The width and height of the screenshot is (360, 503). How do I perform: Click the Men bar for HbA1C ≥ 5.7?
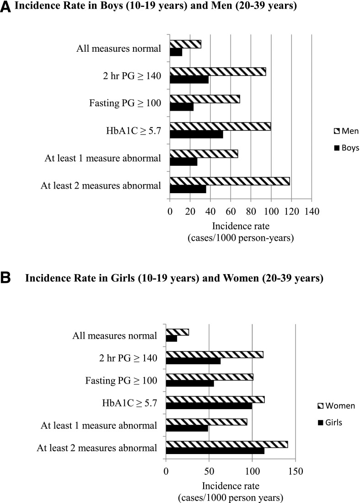[x=220, y=126]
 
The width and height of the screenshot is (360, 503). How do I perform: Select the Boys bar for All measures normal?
[x=176, y=52]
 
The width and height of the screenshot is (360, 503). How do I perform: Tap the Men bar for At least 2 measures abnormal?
[x=230, y=181]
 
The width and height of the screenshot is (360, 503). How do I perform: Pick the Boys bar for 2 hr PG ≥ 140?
[x=189, y=79]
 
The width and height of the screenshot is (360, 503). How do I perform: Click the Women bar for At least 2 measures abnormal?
[x=227, y=444]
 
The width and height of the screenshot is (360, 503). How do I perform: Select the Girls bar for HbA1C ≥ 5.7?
[x=209, y=406]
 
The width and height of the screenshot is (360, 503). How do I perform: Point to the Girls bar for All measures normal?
[x=172, y=338]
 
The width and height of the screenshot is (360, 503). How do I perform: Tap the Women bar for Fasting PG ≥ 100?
[x=210, y=377]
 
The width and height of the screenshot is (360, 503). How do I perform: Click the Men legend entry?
[x=347, y=131]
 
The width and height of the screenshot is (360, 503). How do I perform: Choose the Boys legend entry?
[x=347, y=147]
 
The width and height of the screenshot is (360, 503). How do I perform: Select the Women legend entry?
[x=336, y=406]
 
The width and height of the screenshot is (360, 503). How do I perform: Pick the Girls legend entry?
[x=330, y=422]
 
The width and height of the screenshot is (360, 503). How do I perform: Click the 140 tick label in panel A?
[x=312, y=211]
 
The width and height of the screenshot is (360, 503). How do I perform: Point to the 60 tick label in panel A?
[x=231, y=211]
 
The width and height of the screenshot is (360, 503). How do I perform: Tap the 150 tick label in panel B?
[x=295, y=471]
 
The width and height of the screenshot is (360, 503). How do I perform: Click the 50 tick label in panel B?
[x=209, y=471]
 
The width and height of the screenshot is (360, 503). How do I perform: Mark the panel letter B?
[x=5, y=278]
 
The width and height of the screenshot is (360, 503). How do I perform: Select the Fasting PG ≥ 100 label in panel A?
[x=125, y=103]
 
